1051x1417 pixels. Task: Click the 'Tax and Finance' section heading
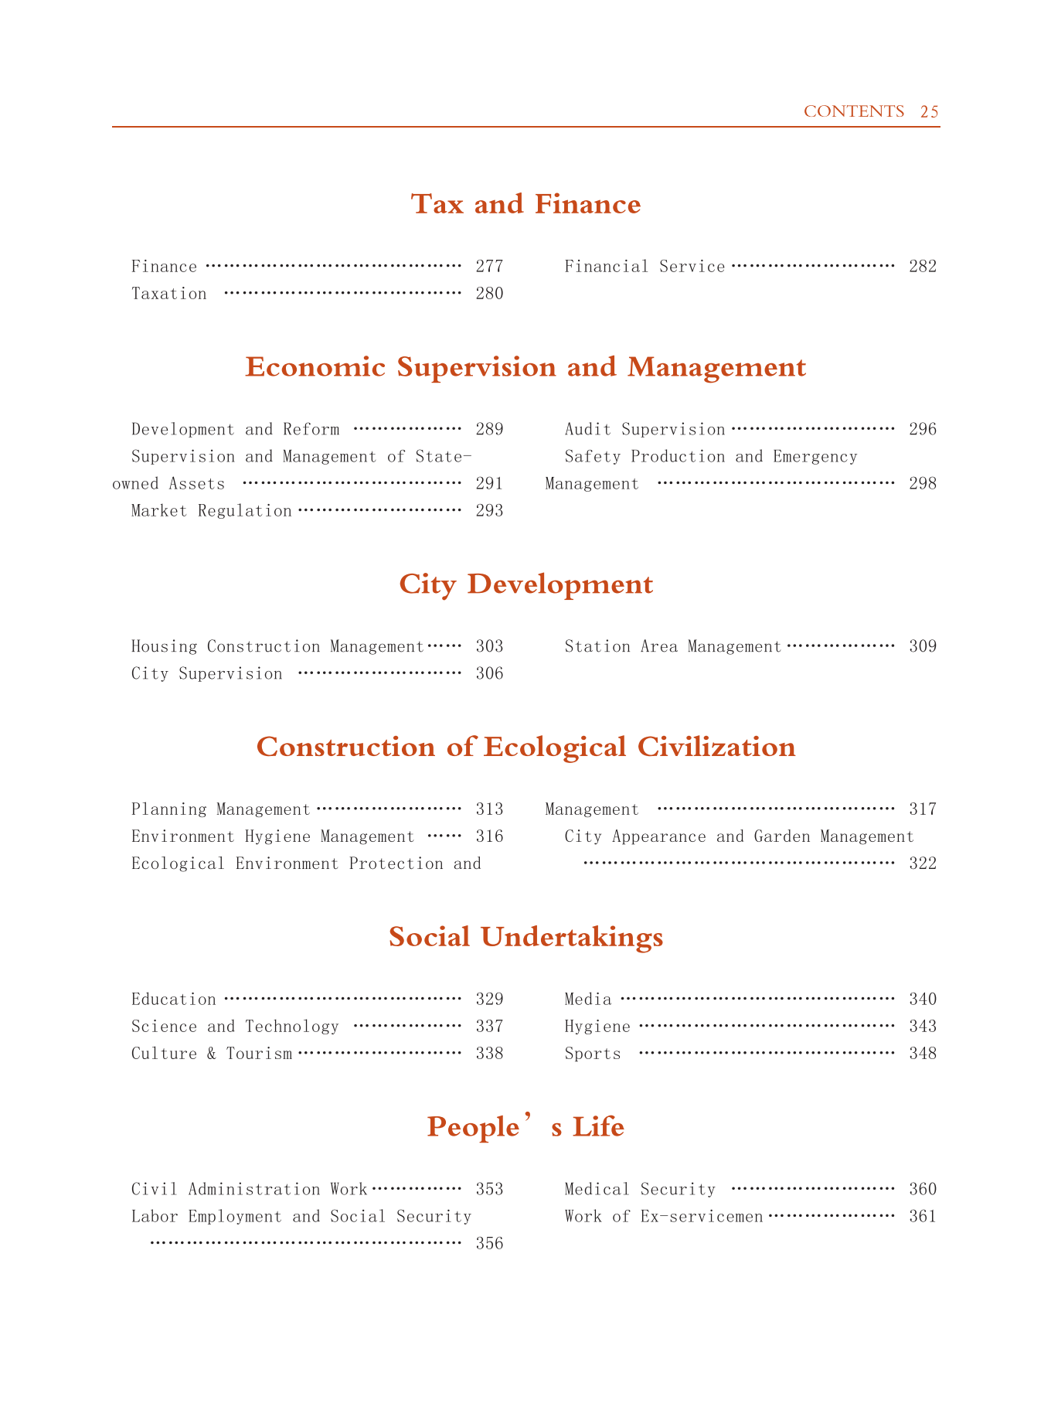pos(525,204)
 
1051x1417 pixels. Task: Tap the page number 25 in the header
pos(930,111)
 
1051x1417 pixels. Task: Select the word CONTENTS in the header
pos(853,111)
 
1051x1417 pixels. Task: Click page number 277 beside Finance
pos(489,267)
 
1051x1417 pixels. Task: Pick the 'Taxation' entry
pos(169,294)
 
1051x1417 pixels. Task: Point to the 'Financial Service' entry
pos(645,267)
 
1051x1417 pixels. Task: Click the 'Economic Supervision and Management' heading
pos(525,367)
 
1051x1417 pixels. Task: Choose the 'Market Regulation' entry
pos(212,511)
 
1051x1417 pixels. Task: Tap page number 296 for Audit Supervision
pos(923,429)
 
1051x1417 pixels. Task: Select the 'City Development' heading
pos(525,584)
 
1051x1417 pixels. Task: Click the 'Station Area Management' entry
pos(673,646)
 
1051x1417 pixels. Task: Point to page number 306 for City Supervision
pos(489,673)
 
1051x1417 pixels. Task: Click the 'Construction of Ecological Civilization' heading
pos(525,747)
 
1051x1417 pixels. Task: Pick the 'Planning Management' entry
pos(220,809)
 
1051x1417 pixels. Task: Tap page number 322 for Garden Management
pos(923,863)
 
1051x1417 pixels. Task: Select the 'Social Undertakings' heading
pos(525,937)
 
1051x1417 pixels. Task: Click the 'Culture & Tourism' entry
pos(212,1054)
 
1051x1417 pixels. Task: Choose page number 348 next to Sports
pos(923,1054)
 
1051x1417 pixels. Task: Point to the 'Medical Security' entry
pos(640,1189)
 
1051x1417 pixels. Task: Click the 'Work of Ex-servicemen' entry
pos(664,1216)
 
